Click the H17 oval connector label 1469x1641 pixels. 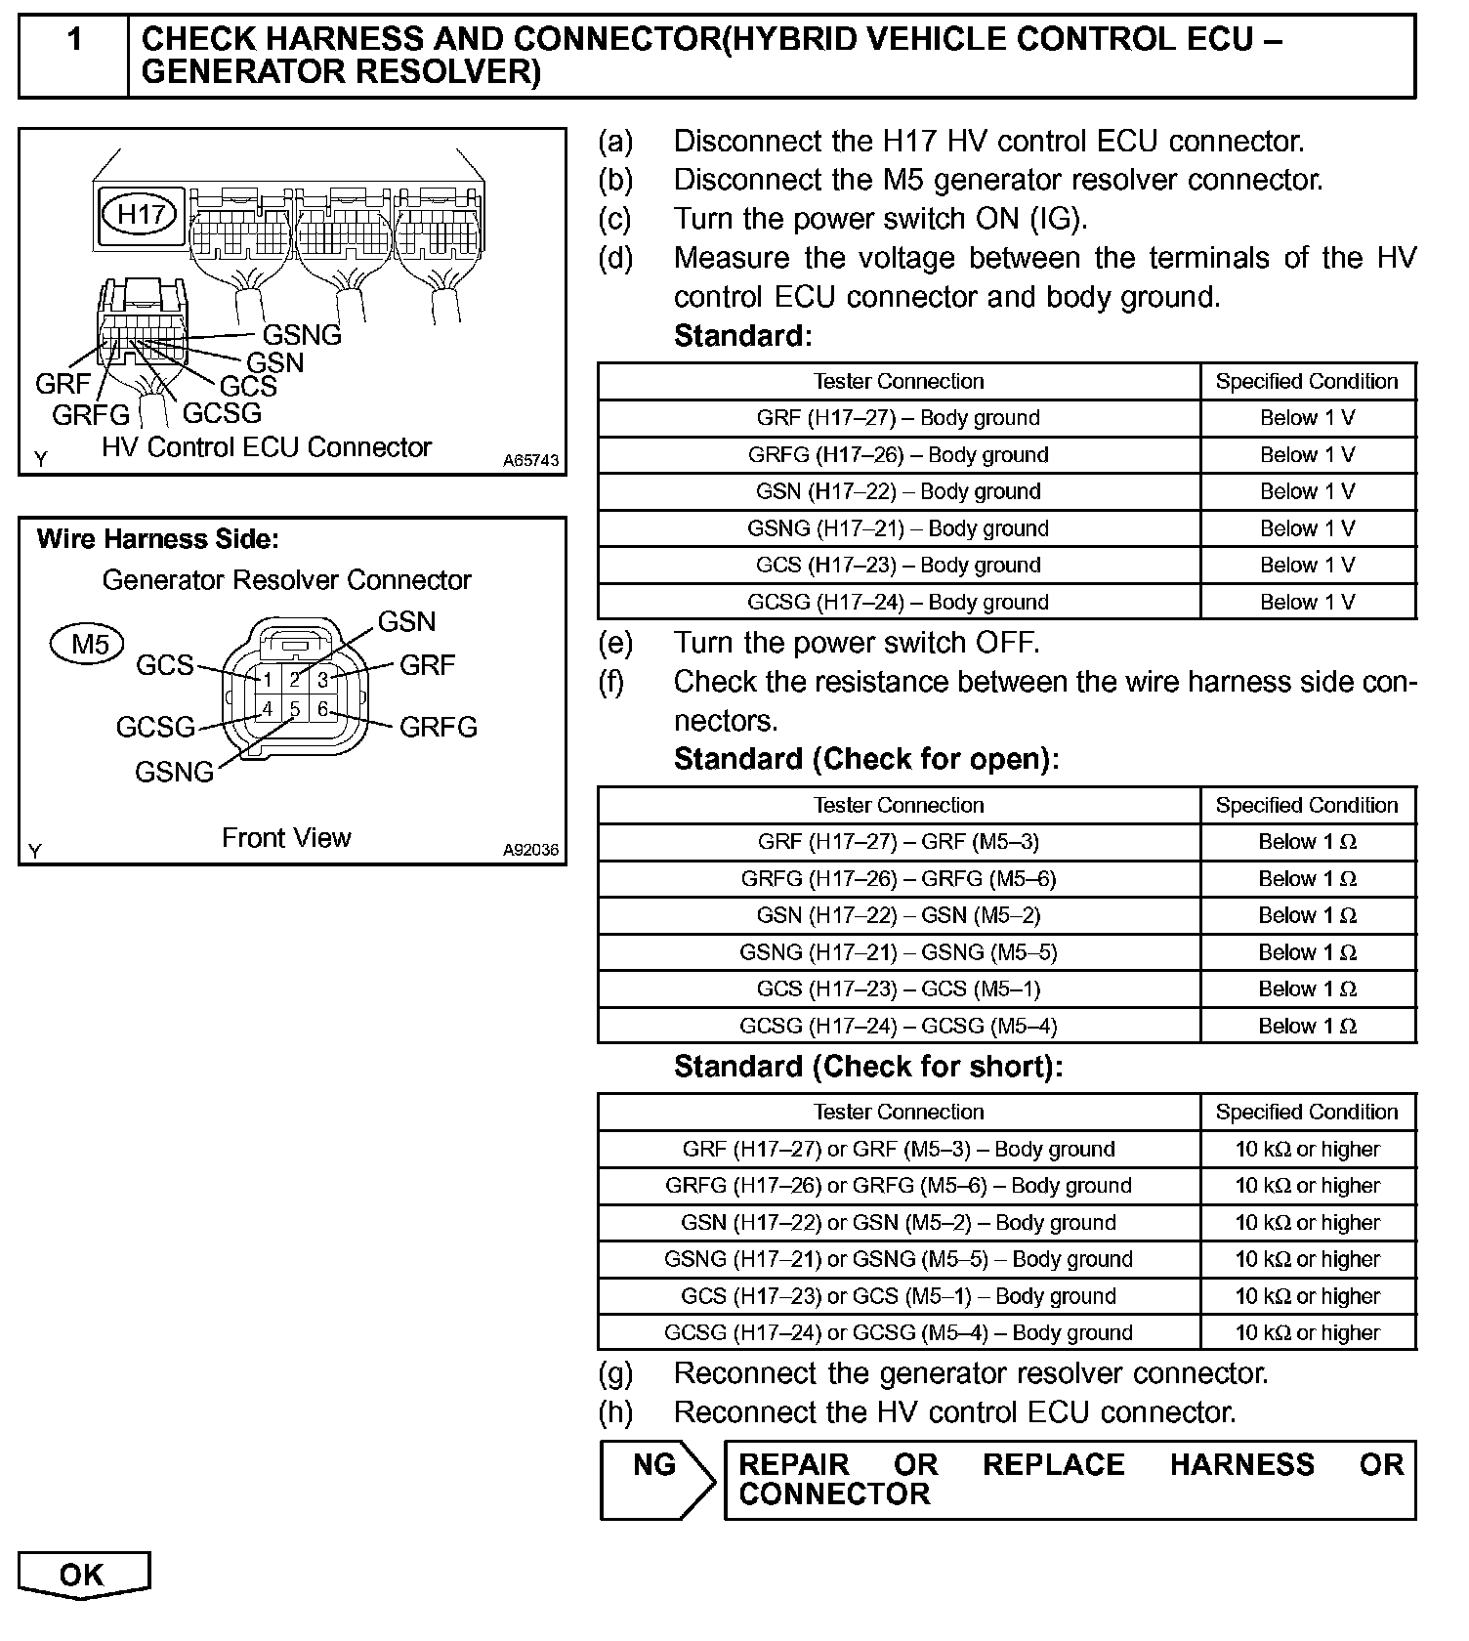point(141,214)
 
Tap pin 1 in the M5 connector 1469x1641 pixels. point(267,679)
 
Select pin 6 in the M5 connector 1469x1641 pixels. point(323,709)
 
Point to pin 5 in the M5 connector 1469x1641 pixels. point(295,709)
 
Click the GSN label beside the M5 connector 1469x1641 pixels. point(406,621)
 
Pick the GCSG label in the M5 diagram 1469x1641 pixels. point(155,728)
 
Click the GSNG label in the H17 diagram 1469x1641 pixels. point(302,335)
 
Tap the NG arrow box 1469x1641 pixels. point(657,1479)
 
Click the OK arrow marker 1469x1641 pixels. point(83,1576)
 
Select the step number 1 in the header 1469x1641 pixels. point(73,40)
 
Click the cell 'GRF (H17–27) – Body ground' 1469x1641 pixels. point(898,418)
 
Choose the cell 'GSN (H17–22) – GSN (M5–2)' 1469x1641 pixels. point(898,916)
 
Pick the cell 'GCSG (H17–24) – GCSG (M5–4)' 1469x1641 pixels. point(898,1027)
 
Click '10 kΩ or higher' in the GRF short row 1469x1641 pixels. point(1307,1149)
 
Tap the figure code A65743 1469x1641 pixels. point(531,460)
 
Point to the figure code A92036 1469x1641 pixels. point(531,850)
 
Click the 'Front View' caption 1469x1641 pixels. point(285,838)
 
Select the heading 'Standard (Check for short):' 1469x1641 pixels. point(868,1067)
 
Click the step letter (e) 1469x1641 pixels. point(614,643)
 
